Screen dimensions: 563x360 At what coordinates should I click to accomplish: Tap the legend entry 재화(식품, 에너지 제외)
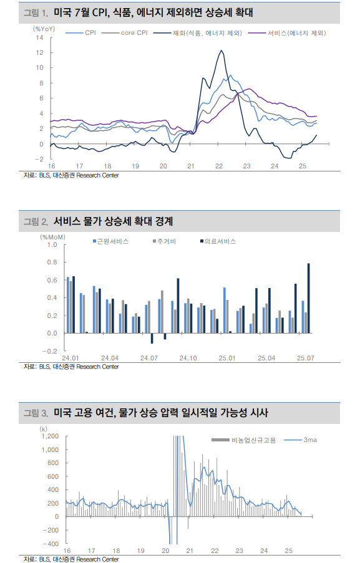pyautogui.click(x=206, y=33)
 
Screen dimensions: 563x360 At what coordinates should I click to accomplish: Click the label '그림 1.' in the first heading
pyautogui.click(x=36, y=12)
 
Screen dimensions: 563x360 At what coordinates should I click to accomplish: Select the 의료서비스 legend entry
pyautogui.click(x=221, y=241)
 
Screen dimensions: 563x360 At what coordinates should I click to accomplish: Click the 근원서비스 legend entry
pyautogui.click(x=112, y=241)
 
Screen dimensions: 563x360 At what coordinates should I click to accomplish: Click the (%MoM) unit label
pyautogui.click(x=53, y=237)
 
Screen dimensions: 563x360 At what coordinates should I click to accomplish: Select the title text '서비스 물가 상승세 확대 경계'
pyautogui.click(x=113, y=221)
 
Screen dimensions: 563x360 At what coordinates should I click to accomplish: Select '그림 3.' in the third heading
pyautogui.click(x=36, y=412)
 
